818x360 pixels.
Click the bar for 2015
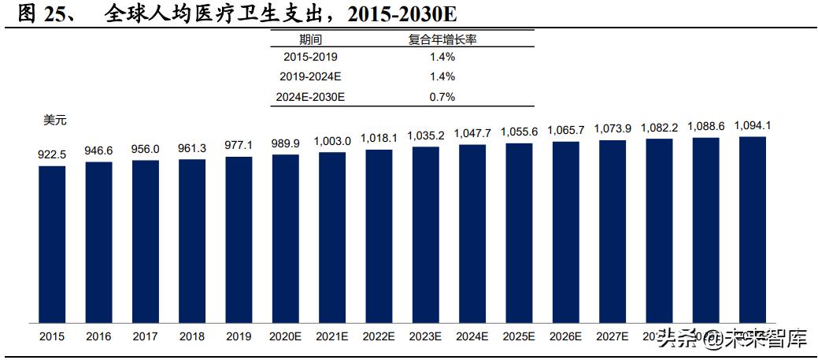[52, 244]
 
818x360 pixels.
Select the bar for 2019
[239, 239]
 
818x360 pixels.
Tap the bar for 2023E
[425, 235]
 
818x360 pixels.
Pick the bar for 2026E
[565, 232]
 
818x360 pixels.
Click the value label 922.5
[52, 155]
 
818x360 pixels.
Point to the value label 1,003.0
[331, 141]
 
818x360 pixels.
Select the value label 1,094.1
[752, 125]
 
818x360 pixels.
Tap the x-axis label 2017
[145, 336]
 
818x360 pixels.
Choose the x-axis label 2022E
[379, 336]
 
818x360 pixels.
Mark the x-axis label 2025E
[519, 336]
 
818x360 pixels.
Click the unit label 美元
[55, 121]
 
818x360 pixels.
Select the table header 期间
[311, 39]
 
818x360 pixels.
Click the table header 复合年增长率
[442, 39]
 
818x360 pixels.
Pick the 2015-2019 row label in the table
[311, 57]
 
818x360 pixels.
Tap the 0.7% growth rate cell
[442, 97]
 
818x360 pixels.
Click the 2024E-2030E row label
[311, 97]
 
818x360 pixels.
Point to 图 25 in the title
[39, 14]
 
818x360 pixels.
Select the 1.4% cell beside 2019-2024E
[442, 76]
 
